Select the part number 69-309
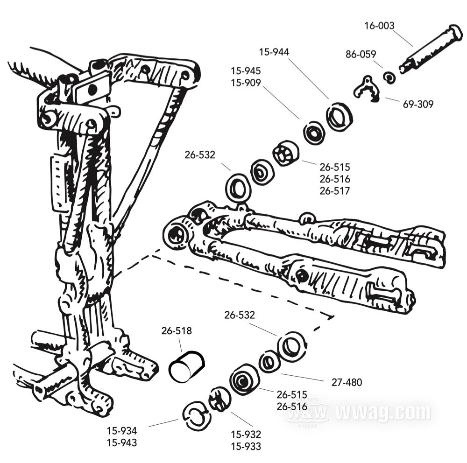pos(418,104)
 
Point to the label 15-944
pos(274,52)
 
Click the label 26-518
pos(177,331)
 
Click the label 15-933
pos(246,446)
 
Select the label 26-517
pos(334,191)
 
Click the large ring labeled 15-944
pos(339,117)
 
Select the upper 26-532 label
pos(200,154)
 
